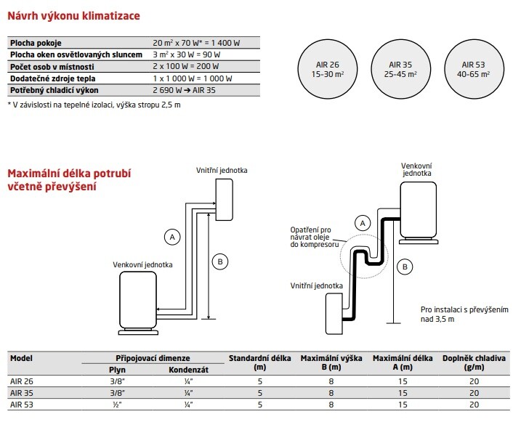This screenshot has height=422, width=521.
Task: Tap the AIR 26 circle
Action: tap(328, 69)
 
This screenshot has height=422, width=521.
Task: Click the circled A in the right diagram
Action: tap(361, 222)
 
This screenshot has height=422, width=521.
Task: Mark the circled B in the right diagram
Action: tap(403, 267)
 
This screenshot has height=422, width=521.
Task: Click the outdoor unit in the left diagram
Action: tap(138, 301)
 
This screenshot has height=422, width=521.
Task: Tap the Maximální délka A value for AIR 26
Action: tap(401, 381)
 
